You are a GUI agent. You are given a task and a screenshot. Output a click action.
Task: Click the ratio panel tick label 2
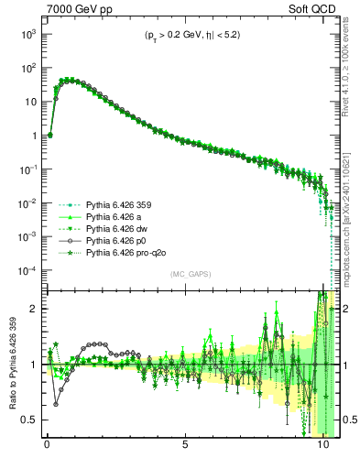[33, 309]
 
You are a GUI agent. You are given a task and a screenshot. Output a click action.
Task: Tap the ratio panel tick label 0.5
[28, 420]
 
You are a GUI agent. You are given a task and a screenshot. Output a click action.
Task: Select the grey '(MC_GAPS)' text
[187, 274]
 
